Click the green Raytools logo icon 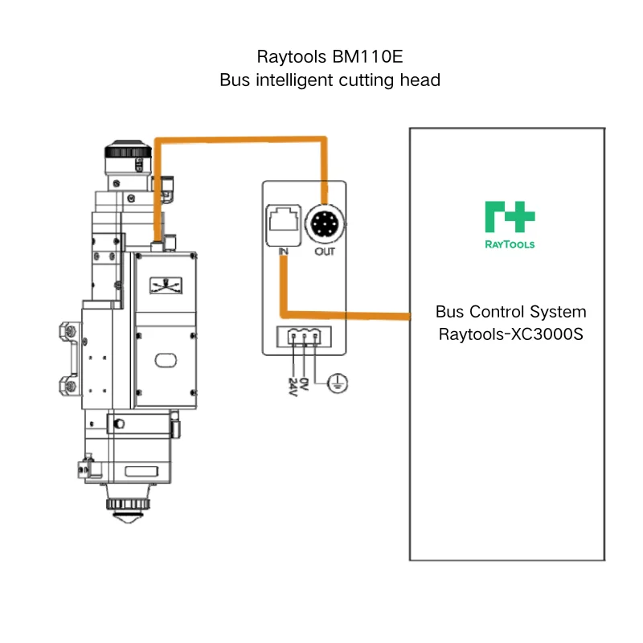tap(510, 217)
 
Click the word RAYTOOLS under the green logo tap(510, 245)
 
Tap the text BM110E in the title tap(368, 56)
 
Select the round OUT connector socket tap(325, 224)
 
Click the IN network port tap(284, 225)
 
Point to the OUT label tap(325, 252)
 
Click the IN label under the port tap(283, 252)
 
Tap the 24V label tap(293, 387)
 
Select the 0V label tap(304, 384)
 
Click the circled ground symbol tap(338, 383)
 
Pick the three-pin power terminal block tap(305, 337)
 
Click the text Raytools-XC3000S tap(511, 334)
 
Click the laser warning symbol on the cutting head tap(166, 285)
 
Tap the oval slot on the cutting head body tap(166, 360)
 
